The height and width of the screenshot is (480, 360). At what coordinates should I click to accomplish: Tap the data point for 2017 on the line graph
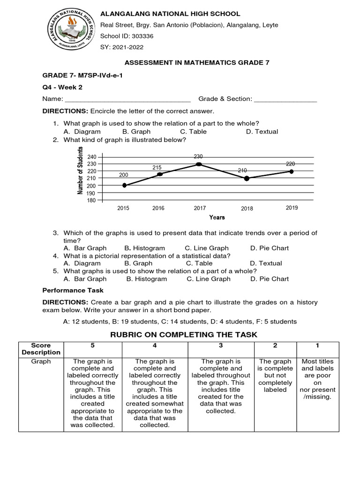(199, 164)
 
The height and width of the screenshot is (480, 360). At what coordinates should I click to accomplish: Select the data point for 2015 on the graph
(124, 185)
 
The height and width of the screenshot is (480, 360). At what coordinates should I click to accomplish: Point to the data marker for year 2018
(247, 178)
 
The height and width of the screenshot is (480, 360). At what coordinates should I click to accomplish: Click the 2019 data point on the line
(291, 172)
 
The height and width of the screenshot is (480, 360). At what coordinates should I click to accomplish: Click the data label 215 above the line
(157, 167)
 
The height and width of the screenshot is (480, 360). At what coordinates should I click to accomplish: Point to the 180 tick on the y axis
(91, 201)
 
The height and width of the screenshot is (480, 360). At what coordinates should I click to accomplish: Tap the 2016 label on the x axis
(158, 209)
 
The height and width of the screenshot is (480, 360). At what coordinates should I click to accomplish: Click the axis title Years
(217, 217)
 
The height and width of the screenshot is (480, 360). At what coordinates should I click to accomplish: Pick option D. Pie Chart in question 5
(270, 279)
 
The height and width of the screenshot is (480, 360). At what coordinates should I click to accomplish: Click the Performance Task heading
(73, 291)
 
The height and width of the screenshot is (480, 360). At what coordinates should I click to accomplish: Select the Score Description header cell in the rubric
(41, 349)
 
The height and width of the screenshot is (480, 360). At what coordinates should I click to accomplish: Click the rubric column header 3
(220, 345)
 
